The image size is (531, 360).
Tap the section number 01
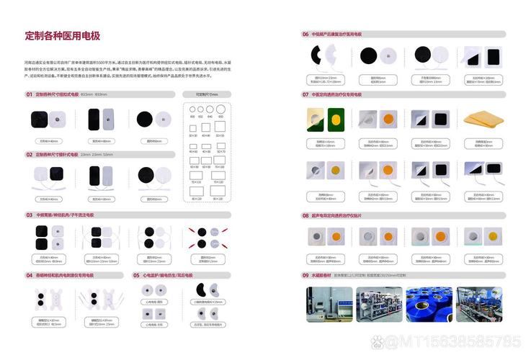pyautogui.click(x=30, y=94)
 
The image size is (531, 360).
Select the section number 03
pyautogui.click(x=30, y=215)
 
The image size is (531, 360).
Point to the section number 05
pyautogui.click(x=136, y=275)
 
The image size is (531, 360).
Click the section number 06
pyautogui.click(x=305, y=34)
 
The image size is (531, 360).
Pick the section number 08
pyautogui.click(x=305, y=215)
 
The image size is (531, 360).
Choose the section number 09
pyautogui.click(x=305, y=275)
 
